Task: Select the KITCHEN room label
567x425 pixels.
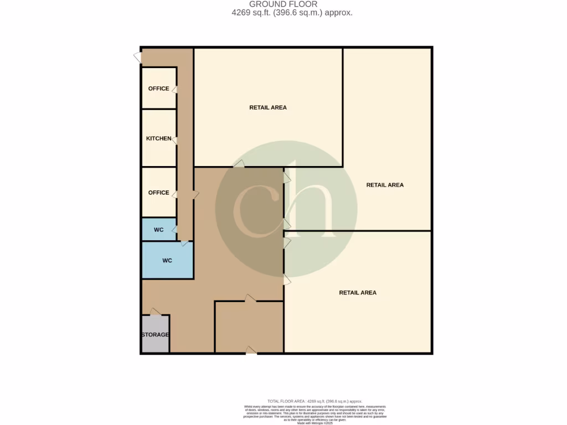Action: coord(159,138)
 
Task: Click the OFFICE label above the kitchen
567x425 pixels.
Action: coord(159,89)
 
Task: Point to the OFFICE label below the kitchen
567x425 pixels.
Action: coord(159,193)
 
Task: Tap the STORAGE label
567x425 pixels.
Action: coord(155,335)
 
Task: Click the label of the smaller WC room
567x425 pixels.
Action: coord(159,230)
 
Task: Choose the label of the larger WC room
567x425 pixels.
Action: coord(167,260)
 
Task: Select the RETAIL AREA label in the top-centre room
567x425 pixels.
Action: coord(268,107)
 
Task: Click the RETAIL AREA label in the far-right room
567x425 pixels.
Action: coord(385,185)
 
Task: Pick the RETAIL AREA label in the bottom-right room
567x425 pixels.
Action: coord(358,292)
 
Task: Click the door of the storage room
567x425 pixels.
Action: coord(155,312)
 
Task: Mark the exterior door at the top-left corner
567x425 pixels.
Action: coord(137,56)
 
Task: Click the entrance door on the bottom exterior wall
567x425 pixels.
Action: coord(251,350)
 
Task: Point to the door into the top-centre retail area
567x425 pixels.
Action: coord(239,164)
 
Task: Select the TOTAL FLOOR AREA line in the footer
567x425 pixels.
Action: coord(314,401)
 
